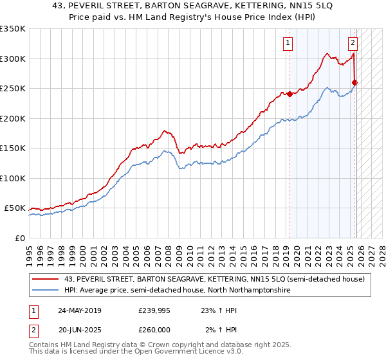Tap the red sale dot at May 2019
289,94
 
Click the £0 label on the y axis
19,238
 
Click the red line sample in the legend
46,279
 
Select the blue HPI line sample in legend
46,291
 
